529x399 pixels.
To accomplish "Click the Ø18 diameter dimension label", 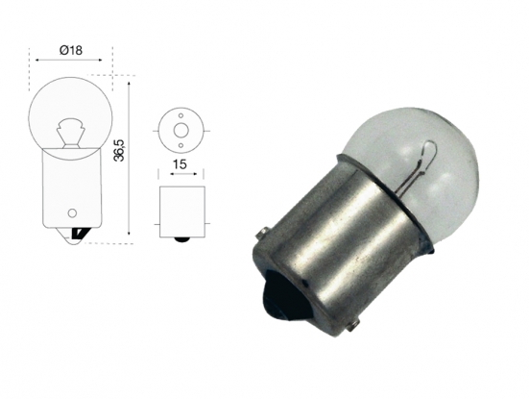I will [x=72, y=49].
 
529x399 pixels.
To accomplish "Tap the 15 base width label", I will [x=179, y=164].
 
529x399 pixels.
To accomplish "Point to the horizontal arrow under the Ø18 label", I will [x=72, y=60].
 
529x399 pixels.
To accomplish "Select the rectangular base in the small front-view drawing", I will [x=179, y=209].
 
